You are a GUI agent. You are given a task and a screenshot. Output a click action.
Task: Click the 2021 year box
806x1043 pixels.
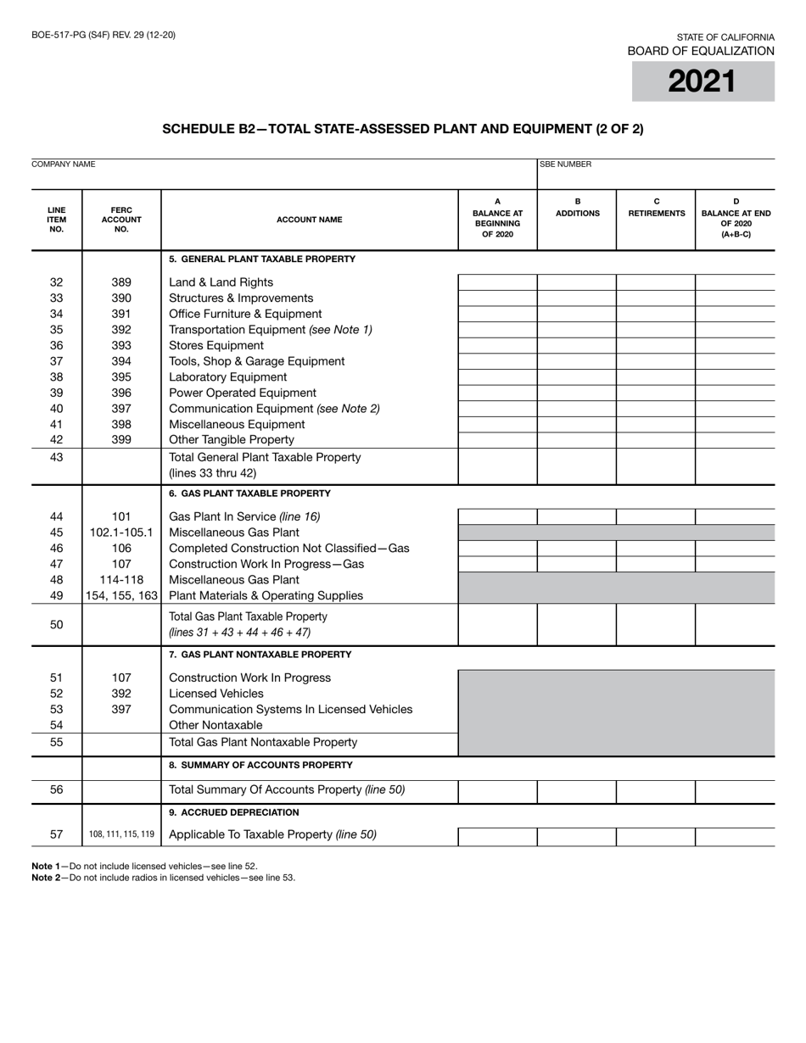pos(702,81)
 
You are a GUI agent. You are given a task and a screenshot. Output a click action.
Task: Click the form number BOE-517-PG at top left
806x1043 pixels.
pos(104,35)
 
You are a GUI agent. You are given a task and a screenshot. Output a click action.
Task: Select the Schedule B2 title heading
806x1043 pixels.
pos(402,129)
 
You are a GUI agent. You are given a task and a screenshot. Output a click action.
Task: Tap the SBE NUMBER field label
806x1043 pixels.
pos(565,165)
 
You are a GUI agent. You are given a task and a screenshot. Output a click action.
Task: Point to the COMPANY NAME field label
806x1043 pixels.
pos(64,164)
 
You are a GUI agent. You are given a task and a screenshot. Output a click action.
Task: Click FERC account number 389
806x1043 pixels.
pos(121,282)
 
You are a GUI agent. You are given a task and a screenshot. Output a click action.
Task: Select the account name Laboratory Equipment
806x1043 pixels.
pos(228,377)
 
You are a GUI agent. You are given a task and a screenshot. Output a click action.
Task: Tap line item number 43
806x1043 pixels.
pos(57,457)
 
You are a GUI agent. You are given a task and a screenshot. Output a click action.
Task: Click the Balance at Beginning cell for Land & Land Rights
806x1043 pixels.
pos(497,282)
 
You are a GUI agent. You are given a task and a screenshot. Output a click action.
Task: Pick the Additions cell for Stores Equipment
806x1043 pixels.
pos(577,346)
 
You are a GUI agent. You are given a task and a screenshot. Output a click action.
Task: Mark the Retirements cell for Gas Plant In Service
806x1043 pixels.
pos(656,516)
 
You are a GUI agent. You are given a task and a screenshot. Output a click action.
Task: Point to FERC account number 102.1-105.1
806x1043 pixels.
pos(121,533)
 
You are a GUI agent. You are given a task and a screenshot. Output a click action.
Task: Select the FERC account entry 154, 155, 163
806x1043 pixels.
pos(121,595)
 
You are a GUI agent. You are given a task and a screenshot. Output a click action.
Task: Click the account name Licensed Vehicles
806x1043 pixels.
pos(216,694)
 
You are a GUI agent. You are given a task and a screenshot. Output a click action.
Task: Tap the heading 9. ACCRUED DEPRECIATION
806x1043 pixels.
pos(234,812)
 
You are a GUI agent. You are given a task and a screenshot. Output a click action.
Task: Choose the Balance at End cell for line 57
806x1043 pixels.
pos(735,835)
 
